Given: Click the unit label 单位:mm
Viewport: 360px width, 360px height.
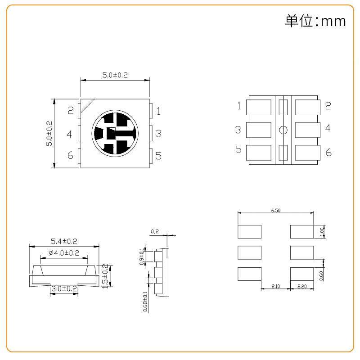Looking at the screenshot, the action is point(315,21).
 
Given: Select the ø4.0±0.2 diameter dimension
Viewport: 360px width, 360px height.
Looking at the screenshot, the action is point(63,253).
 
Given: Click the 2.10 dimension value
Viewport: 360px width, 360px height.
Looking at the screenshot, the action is point(276,286).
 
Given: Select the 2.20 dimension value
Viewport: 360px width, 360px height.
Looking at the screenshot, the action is point(301,286).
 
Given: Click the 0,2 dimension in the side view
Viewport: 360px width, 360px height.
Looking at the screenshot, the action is point(155,231).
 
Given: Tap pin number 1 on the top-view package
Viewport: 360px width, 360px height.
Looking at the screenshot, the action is point(158,111).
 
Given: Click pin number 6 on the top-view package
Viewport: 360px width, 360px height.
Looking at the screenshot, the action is point(70,155).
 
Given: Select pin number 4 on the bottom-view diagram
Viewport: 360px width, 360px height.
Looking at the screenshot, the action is point(328,128).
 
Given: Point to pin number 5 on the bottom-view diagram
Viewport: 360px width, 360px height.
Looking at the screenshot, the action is point(238,150).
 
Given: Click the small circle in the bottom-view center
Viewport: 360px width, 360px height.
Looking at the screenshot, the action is point(283,130).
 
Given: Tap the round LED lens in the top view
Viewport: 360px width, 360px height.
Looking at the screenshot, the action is point(114,133).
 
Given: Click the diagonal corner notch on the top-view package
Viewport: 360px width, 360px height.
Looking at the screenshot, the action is point(87,104).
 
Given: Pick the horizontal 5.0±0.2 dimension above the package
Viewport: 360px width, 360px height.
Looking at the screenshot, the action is point(115,76).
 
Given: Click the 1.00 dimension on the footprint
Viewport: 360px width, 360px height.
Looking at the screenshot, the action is point(321,231).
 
